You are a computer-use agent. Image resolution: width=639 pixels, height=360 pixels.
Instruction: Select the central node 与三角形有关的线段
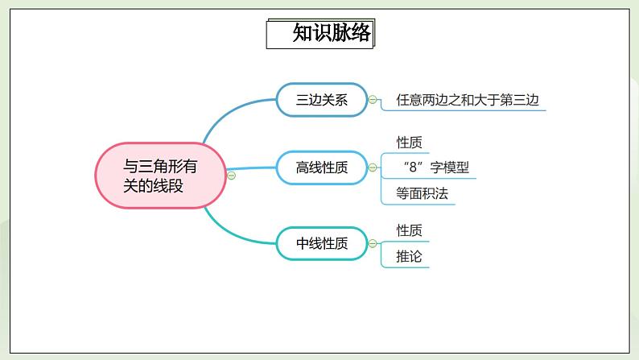pyautogui.click(x=161, y=176)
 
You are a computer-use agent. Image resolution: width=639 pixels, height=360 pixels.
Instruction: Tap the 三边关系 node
pyautogui.click(x=322, y=100)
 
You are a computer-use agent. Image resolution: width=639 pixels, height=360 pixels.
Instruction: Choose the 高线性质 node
pyautogui.click(x=322, y=168)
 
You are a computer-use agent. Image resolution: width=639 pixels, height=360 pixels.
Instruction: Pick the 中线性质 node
pyautogui.click(x=322, y=243)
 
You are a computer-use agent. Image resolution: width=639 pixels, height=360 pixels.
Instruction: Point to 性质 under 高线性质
pyautogui.click(x=409, y=143)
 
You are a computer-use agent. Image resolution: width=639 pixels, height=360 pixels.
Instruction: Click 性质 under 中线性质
pyautogui.click(x=409, y=230)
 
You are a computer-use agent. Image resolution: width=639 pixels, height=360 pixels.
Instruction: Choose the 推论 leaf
pyautogui.click(x=409, y=257)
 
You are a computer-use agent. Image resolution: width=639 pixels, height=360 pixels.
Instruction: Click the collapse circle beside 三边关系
pyautogui.click(x=373, y=100)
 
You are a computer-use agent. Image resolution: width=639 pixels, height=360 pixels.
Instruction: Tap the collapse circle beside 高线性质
pyautogui.click(x=373, y=168)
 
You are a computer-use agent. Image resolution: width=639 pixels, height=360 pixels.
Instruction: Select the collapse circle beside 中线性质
pyautogui.click(x=373, y=243)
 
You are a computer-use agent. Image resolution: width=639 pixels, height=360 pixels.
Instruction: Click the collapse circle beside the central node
pyautogui.click(x=231, y=176)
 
